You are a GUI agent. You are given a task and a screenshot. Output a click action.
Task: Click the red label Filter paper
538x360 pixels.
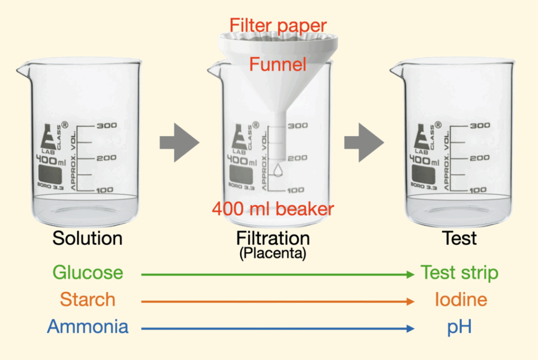pos(278,25)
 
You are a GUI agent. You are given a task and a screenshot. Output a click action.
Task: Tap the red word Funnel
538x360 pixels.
pos(277,65)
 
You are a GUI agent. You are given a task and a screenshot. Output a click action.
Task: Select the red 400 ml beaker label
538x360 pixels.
pos(273,209)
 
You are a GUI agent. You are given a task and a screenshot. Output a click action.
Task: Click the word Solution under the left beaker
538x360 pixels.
pos(87,238)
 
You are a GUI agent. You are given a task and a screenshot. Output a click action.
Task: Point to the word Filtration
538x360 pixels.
pos(273,238)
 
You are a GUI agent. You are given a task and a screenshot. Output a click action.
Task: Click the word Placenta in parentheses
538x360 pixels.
pos(273,254)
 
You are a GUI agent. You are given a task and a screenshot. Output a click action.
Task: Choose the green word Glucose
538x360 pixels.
pos(88,273)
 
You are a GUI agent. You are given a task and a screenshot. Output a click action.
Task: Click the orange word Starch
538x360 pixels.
pos(87,300)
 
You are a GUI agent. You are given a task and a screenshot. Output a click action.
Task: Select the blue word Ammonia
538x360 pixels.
pos(88,326)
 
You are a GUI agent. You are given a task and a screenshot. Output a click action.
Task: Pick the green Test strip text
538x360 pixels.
pos(459,273)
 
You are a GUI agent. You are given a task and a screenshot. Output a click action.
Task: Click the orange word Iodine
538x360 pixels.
pos(461,300)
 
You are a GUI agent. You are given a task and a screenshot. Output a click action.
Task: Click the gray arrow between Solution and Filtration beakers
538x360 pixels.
pos(179,142)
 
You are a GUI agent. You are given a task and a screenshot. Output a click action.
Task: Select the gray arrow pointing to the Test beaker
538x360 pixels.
pos(364,142)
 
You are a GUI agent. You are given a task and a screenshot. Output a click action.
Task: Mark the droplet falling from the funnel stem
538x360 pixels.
pos(279,170)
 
